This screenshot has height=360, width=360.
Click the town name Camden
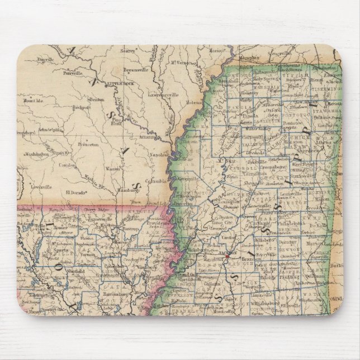[67, 165]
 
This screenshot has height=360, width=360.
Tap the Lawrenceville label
[164, 95]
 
